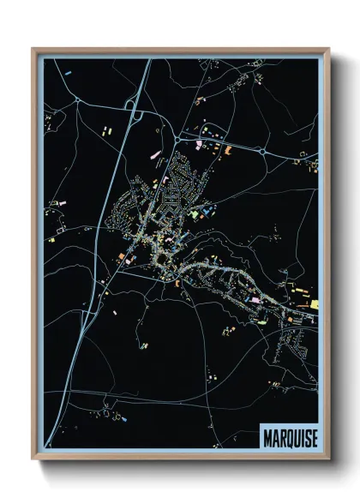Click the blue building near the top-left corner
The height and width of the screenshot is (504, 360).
click(68, 75)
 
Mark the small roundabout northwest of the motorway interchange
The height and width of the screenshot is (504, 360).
click(78, 101)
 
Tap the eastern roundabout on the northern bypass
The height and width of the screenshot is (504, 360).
click(262, 152)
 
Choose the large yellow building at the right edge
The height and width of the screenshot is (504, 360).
click(314, 304)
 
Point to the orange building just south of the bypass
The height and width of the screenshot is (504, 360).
click(228, 151)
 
